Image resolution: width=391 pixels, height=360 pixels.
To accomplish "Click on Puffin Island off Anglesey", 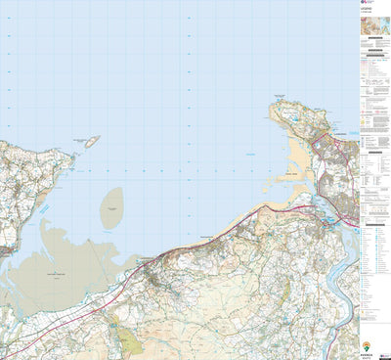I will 91,141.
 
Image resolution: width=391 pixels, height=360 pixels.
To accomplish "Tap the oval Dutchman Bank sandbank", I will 111,208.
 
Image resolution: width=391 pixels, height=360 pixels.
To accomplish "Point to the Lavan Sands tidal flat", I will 59,264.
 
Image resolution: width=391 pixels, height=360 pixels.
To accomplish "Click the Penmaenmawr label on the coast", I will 204,236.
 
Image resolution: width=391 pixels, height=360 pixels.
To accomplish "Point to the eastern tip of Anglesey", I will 74,156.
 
